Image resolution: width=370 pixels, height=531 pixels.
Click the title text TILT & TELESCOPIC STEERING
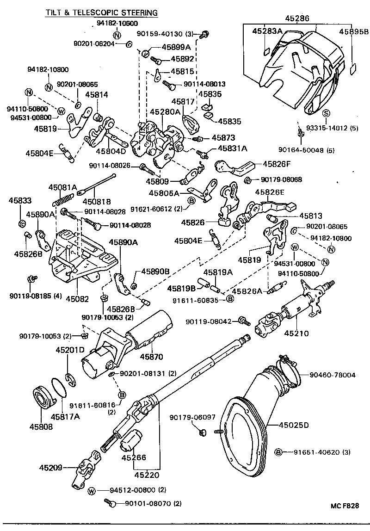point(101,12)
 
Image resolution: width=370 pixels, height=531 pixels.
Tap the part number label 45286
point(298,19)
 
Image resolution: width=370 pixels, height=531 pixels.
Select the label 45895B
point(354,32)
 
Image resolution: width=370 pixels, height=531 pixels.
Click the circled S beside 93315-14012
point(326,113)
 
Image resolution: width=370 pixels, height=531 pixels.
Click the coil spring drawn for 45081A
point(63,198)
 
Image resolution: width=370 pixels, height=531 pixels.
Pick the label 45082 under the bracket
point(77,299)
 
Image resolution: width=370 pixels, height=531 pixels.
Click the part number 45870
point(151,357)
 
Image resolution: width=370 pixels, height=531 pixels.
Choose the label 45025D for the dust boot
point(294,425)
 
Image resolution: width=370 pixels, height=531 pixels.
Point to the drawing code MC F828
point(345,506)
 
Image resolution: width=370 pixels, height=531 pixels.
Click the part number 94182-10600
point(117,24)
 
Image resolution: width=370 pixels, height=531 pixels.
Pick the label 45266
point(134,457)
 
